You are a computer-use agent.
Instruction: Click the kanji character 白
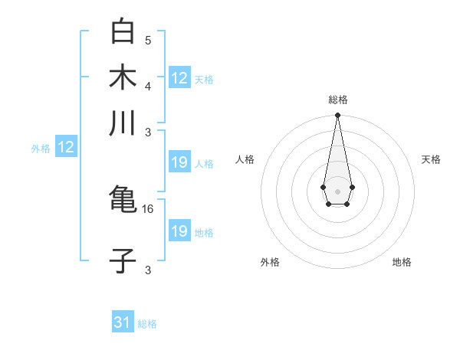123,32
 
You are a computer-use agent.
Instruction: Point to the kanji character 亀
123,201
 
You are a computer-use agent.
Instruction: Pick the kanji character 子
123,261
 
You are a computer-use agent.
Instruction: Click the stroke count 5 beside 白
148,41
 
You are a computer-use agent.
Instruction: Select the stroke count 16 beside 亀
149,208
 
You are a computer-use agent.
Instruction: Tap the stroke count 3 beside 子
148,270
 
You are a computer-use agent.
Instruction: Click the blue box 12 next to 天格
179,78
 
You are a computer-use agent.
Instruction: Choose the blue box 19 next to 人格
179,162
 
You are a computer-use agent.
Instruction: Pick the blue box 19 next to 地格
179,231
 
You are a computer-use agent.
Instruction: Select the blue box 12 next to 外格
66,148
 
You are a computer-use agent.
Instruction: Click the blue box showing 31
123,323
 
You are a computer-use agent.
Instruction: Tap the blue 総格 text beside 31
147,324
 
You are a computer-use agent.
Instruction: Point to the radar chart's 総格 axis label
338,100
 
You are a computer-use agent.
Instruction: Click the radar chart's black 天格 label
431,159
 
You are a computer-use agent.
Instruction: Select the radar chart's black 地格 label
402,262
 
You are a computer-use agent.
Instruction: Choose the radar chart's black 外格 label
270,262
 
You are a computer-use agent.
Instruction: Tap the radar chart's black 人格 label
245,159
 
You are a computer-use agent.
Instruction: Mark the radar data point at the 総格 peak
337,116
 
